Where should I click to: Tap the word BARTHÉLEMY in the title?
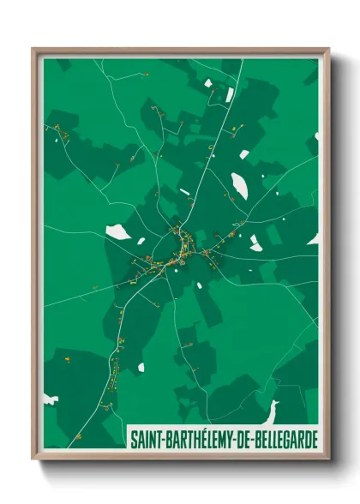pos(202,439)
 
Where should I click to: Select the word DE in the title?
pos(250,439)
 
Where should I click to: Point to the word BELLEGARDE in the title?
pos(289,439)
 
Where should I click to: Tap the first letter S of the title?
pos(133,439)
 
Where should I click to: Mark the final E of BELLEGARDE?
pos(314,439)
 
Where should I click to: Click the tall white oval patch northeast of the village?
pos(239,184)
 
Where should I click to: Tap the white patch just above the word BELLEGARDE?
pos(273,409)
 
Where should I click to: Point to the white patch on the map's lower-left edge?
pos(51,399)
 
